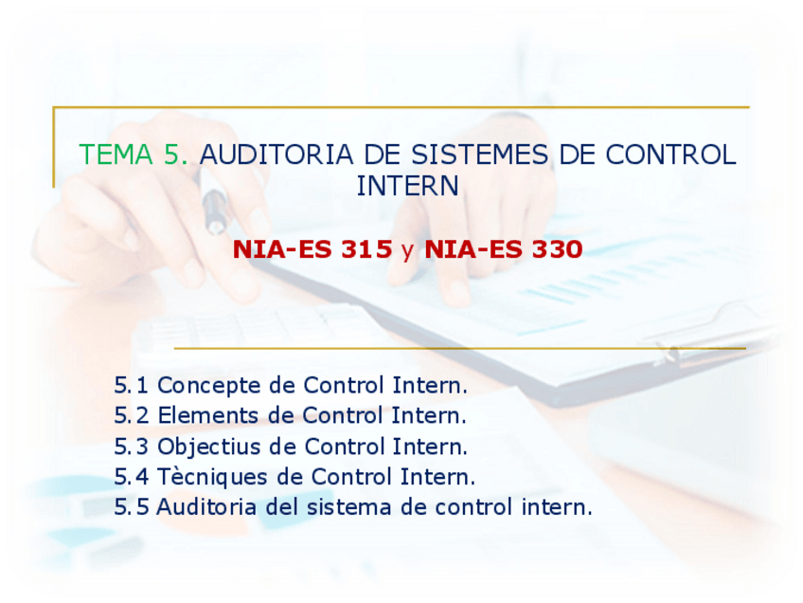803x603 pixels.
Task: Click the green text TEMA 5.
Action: point(134,155)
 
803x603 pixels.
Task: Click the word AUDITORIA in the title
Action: point(277,155)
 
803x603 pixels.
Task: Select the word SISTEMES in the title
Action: point(480,155)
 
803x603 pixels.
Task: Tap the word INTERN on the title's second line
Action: point(407,186)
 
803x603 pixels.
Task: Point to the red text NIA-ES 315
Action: point(312,249)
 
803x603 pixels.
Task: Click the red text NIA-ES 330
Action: point(504,249)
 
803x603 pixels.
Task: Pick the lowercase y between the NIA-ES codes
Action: point(408,251)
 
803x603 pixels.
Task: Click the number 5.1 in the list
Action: point(131,385)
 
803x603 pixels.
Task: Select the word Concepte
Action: point(209,386)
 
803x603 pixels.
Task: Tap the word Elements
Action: point(208,415)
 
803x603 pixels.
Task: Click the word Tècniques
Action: point(212,478)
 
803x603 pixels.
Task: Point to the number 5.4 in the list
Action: point(131,477)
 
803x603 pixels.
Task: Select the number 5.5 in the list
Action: point(131,507)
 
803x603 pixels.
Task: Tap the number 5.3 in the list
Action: point(131,447)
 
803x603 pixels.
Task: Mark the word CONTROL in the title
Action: point(670,155)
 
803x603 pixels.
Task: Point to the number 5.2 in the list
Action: point(131,415)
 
